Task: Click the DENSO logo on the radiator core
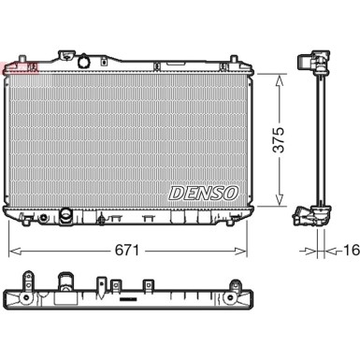click(x=204, y=194)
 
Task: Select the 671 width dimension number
click(x=127, y=250)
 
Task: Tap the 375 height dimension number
click(x=279, y=139)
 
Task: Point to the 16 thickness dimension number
click(x=352, y=250)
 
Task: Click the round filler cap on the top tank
click(x=84, y=62)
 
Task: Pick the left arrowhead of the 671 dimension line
click(x=15, y=251)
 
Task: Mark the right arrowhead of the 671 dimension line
click(x=240, y=251)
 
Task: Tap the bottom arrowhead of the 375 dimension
click(x=280, y=200)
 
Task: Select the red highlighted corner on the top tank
click(x=20, y=68)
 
